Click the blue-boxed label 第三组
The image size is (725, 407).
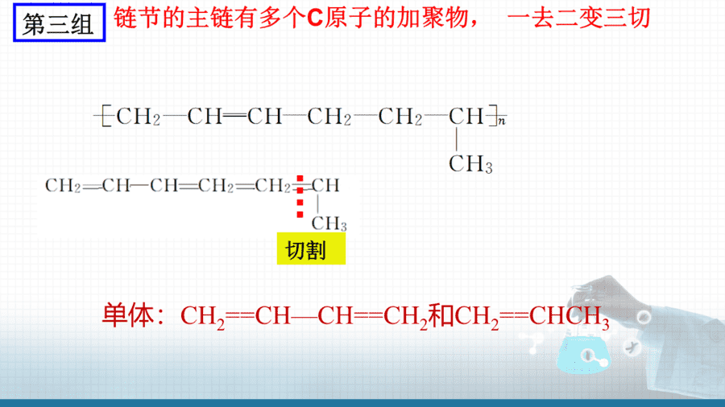click(59, 23)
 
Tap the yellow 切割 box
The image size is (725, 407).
click(311, 249)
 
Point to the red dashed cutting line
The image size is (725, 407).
click(300, 196)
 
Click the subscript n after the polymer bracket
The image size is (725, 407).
click(502, 121)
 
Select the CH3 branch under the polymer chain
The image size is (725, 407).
click(470, 164)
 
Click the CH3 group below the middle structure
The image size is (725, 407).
click(329, 224)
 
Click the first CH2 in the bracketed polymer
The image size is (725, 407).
click(139, 117)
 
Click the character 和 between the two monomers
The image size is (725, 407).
click(441, 315)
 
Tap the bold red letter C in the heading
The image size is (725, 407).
click(315, 18)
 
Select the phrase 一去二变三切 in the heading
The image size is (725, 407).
click(579, 18)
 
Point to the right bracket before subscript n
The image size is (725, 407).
click(492, 116)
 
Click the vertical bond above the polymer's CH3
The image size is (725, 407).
click(457, 139)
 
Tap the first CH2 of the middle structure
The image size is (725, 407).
click(63, 186)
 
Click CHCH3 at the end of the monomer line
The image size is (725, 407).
click(570, 317)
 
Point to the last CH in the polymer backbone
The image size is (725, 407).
click(466, 117)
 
